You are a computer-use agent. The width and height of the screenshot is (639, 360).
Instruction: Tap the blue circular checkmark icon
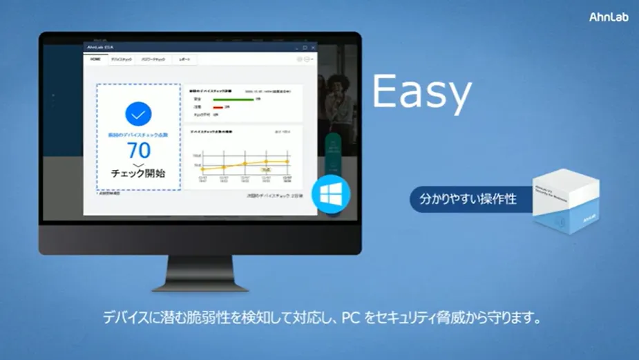(x=139, y=115)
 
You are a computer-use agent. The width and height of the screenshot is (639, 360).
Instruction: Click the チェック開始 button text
(x=138, y=172)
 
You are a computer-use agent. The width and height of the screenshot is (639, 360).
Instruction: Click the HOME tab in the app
(x=95, y=59)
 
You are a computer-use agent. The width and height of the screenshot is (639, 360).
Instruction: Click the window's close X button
(x=313, y=48)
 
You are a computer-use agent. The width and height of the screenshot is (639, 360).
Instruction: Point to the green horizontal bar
(x=233, y=100)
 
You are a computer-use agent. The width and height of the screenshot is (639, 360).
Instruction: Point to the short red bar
(x=218, y=107)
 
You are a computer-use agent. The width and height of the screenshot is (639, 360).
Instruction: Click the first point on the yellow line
(x=204, y=169)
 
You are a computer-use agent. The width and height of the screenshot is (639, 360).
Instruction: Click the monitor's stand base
(x=200, y=282)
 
